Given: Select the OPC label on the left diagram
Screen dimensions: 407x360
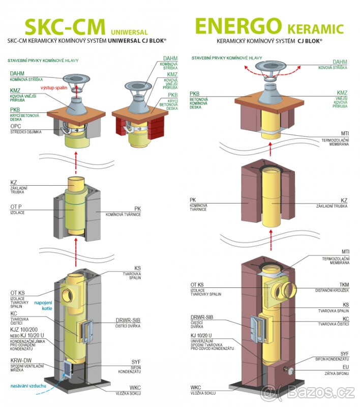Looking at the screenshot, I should [16, 126].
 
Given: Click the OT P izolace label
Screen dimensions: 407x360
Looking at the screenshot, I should [17, 208].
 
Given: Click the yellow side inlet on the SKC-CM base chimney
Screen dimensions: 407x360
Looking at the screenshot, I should [69, 294].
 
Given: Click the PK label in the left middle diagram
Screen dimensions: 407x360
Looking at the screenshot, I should [137, 209].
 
